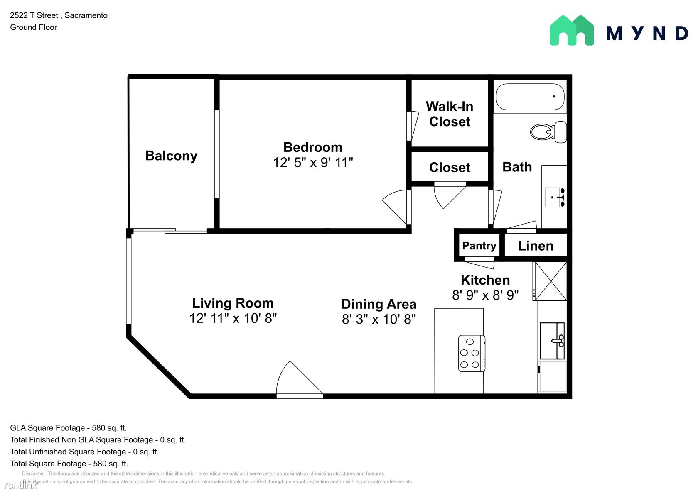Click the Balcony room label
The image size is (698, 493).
pyautogui.click(x=171, y=156)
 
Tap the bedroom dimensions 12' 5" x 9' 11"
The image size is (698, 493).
pyautogui.click(x=313, y=162)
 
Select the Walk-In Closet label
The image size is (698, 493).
pyautogui.click(x=450, y=114)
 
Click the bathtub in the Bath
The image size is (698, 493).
pyautogui.click(x=530, y=97)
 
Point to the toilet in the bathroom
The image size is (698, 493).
pyautogui.click(x=548, y=132)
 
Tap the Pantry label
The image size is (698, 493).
pyautogui.click(x=479, y=246)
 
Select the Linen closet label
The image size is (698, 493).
pyautogui.click(x=536, y=246)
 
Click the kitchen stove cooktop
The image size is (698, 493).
pyautogui.click(x=472, y=353)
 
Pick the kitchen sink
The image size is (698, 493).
pyautogui.click(x=552, y=341)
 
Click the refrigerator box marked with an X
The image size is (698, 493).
pyautogui.click(x=550, y=281)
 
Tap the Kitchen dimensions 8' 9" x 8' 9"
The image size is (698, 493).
pyautogui.click(x=485, y=295)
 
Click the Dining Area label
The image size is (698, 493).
pyautogui.click(x=379, y=304)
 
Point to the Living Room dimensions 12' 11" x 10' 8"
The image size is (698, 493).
pyautogui.click(x=233, y=318)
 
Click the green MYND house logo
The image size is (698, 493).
pyautogui.click(x=572, y=31)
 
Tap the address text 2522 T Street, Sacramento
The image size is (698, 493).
pyautogui.click(x=59, y=15)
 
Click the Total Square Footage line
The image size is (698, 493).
pyautogui.click(x=69, y=464)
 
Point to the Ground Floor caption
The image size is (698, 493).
pyautogui.click(x=33, y=27)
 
